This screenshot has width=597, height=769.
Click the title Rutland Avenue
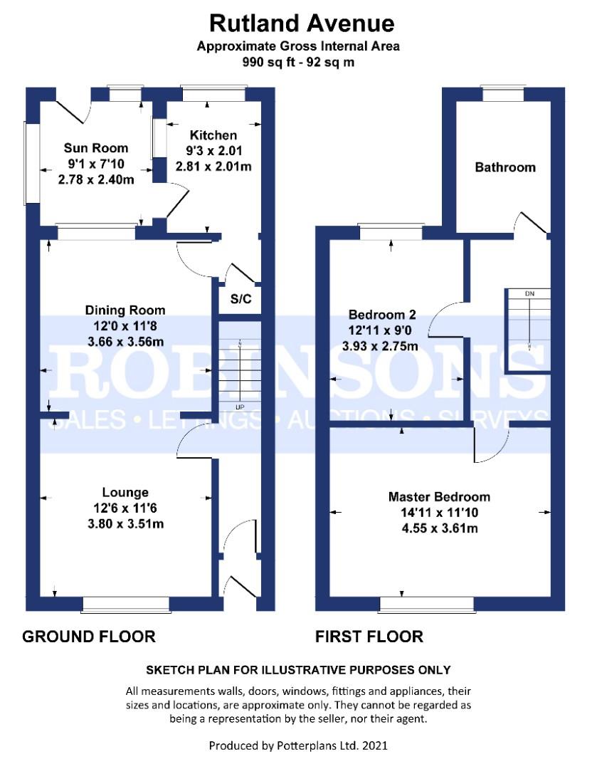[302, 23]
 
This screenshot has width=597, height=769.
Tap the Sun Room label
[96, 148]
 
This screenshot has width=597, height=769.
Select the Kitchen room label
[213, 135]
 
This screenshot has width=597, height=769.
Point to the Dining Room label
[125, 310]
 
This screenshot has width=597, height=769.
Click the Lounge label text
[125, 492]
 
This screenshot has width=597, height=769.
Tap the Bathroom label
[505, 167]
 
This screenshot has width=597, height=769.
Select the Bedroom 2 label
[381, 315]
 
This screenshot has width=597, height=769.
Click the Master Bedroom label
[439, 496]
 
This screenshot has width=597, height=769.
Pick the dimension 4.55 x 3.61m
[439, 528]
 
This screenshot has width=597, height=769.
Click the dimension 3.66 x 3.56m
[125, 341]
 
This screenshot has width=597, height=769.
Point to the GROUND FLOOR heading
[89, 636]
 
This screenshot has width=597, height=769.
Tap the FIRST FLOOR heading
[369, 636]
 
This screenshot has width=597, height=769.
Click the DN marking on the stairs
[529, 293]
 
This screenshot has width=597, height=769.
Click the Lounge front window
[126, 605]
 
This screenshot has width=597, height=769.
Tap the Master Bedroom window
[427, 605]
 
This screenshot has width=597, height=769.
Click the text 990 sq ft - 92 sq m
[299, 62]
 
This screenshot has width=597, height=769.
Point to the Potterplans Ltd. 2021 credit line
[298, 746]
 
